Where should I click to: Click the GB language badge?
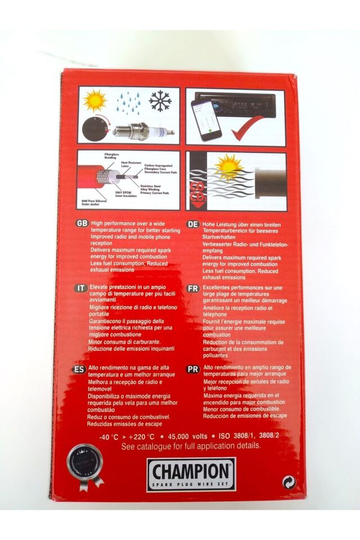click(83, 223)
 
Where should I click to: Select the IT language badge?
click(82, 287)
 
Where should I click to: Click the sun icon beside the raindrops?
click(95, 100)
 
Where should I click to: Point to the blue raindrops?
click(129, 102)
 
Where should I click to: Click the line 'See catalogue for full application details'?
click(191, 446)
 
